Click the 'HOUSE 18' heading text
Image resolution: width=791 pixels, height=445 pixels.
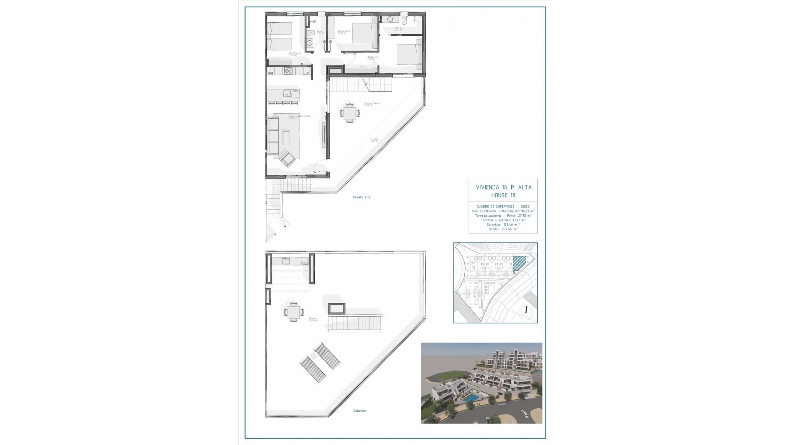[503, 195]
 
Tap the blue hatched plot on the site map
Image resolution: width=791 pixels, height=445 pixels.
[520, 262]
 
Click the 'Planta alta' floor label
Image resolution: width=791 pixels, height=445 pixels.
[362, 197]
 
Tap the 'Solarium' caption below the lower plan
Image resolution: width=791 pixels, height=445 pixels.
[360, 411]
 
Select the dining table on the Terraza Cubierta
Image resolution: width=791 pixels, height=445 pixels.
[349, 112]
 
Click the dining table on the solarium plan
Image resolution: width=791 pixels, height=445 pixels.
[293, 312]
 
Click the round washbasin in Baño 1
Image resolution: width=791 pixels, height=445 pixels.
[314, 21]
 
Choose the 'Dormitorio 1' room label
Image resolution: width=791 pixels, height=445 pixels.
[373, 58]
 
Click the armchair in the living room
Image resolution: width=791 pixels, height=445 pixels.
[288, 159]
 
